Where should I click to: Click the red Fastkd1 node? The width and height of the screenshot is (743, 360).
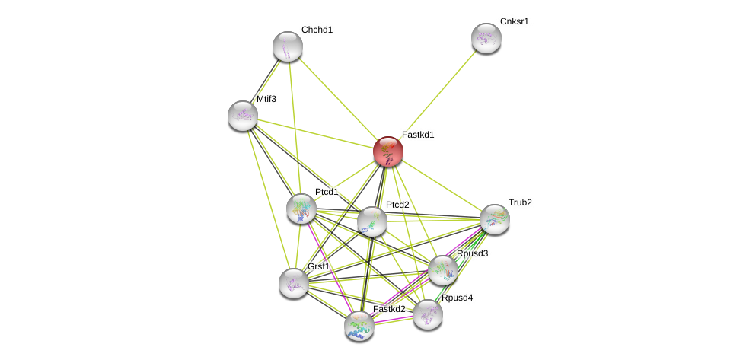pyautogui.click(x=388, y=151)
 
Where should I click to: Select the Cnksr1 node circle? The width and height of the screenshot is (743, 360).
pyautogui.click(x=486, y=38)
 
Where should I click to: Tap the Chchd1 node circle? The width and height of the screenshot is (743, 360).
pyautogui.click(x=288, y=46)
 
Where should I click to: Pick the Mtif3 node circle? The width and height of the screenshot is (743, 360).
pyautogui.click(x=243, y=116)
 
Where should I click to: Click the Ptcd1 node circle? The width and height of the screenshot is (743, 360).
pyautogui.click(x=301, y=209)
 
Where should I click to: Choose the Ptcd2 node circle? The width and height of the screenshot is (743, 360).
pyautogui.click(x=372, y=221)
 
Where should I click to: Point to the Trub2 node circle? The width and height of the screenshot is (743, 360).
pyautogui.click(x=495, y=219)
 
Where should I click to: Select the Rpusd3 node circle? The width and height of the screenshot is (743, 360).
pyautogui.click(x=443, y=270)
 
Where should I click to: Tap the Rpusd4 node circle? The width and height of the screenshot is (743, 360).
pyautogui.click(x=428, y=314)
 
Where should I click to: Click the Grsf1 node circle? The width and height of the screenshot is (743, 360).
pyautogui.click(x=294, y=283)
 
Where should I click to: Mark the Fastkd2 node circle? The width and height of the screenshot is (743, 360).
pyautogui.click(x=359, y=326)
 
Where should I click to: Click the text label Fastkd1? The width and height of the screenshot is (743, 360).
pyautogui.click(x=418, y=135)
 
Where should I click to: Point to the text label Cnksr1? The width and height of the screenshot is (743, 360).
pyautogui.click(x=514, y=21)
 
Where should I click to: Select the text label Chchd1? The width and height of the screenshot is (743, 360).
pyautogui.click(x=317, y=30)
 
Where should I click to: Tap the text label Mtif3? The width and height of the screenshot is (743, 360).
pyautogui.click(x=266, y=99)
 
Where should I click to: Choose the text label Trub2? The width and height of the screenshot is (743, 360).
pyautogui.click(x=520, y=202)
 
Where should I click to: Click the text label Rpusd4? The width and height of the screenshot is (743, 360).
pyautogui.click(x=457, y=298)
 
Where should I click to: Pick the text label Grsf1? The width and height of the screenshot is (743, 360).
pyautogui.click(x=319, y=266)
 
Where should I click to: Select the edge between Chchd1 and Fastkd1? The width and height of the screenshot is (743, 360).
pyautogui.click(x=338, y=99)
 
